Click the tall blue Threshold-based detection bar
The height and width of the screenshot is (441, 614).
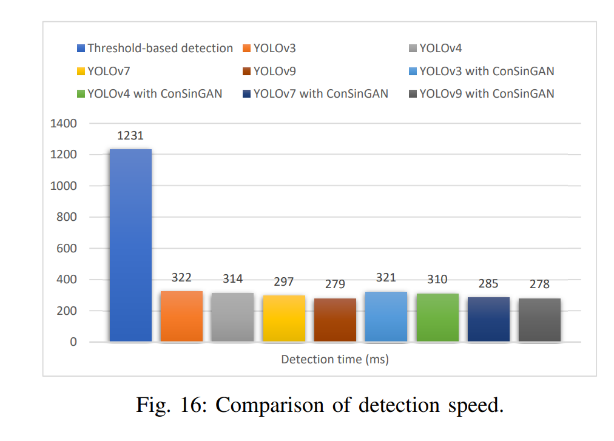(x=130, y=245)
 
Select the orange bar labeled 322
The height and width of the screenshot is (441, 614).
(x=181, y=316)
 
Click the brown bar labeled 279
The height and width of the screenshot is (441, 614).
(x=335, y=320)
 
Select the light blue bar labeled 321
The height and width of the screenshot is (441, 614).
(x=386, y=316)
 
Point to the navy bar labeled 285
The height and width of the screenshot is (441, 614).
(x=488, y=319)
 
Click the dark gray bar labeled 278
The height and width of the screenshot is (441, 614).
(x=539, y=320)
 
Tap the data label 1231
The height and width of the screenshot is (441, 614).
(x=130, y=136)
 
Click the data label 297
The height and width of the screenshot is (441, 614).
(x=283, y=281)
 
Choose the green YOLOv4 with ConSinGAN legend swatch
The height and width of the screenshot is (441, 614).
(x=81, y=94)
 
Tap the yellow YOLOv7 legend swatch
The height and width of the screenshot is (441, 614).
(x=81, y=72)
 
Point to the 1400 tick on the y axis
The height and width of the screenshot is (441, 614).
(x=65, y=124)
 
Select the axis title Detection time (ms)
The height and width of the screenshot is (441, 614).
(x=335, y=360)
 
